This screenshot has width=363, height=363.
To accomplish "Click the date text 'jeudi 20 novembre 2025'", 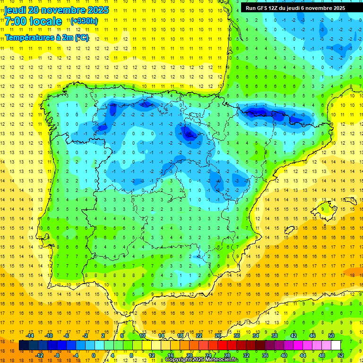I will point(57,10).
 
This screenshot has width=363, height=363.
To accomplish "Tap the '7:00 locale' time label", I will point(34,21).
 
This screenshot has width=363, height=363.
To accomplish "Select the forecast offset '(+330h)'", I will point(84,21).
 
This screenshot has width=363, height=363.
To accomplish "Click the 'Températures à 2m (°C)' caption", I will point(47,37).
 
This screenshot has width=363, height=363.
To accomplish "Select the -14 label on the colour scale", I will point(30,336).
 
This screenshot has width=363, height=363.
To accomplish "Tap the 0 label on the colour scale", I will point(94,355).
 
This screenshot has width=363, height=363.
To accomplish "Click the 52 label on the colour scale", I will point(341,355).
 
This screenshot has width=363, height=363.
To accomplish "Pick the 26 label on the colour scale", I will point(218,336).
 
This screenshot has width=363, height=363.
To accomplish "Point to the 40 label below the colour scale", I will point(284,355).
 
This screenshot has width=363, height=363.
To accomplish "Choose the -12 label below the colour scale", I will point(39,355).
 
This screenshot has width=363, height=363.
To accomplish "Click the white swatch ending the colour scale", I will point(336,345).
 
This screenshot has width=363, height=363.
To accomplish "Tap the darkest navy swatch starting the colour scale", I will point(24,345).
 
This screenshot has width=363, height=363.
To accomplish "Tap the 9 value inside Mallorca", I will point(325,209).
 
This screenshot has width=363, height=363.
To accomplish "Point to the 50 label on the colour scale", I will point(331,336).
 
